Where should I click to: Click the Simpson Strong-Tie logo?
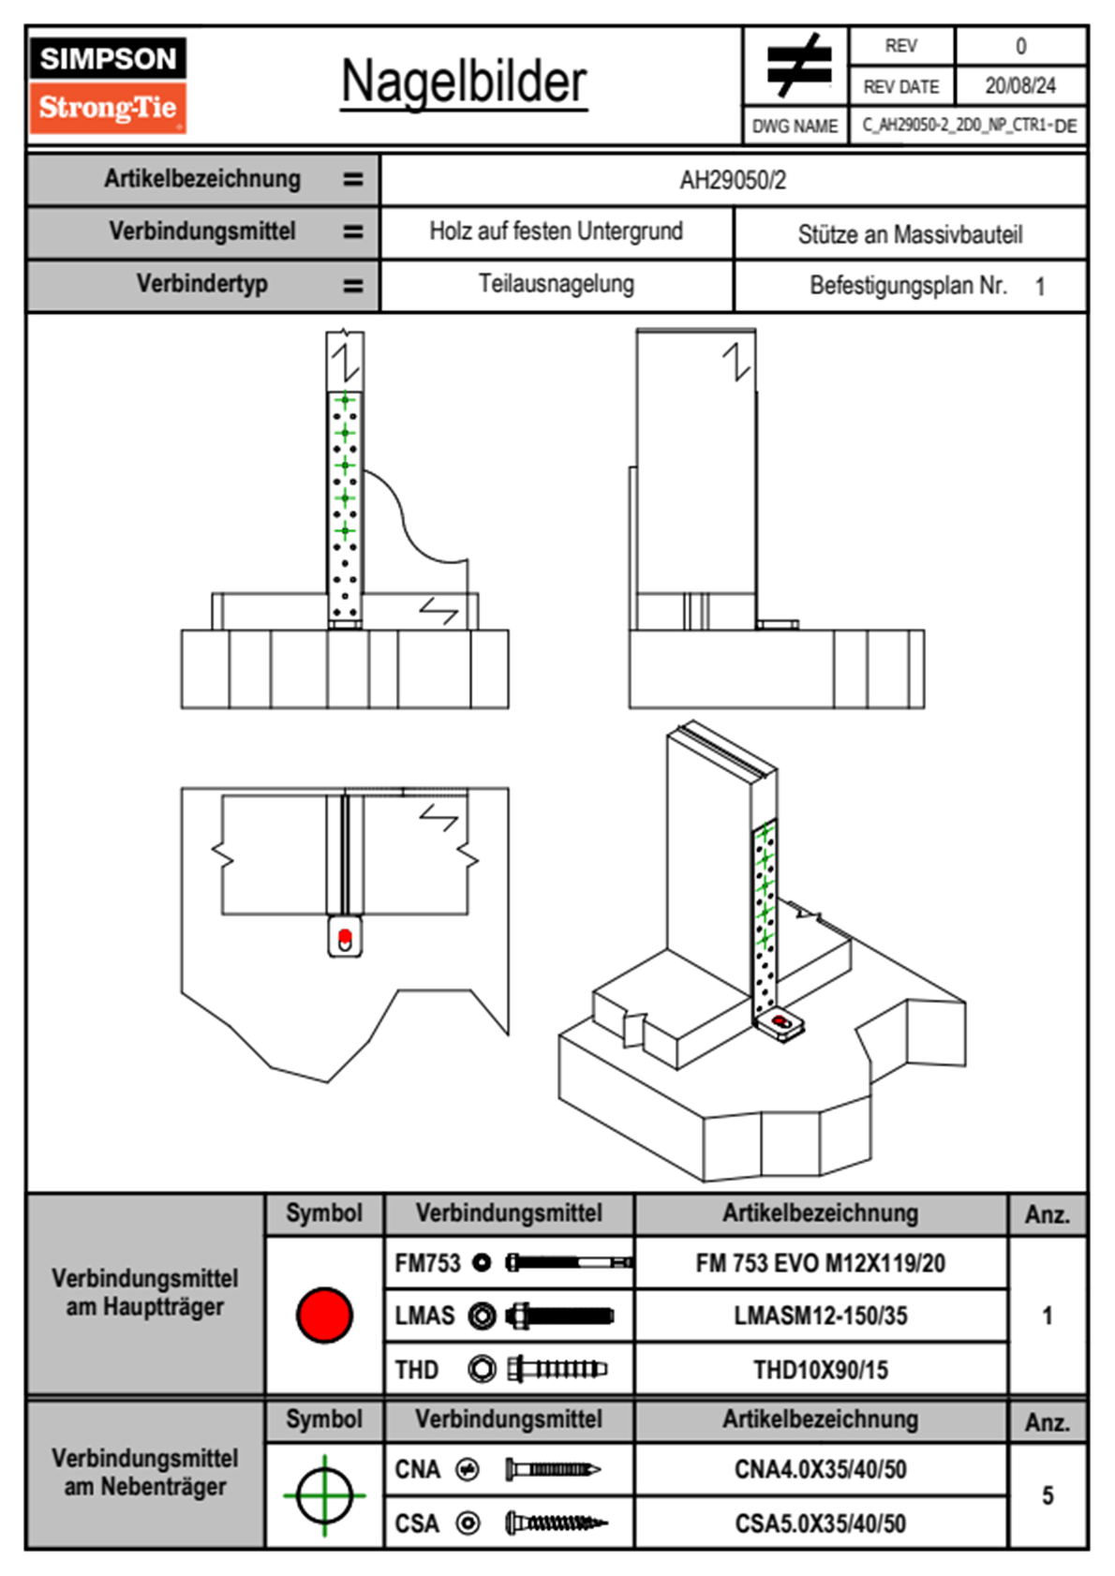(x=107, y=84)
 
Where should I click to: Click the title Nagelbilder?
(x=464, y=82)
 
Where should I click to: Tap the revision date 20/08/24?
(x=1019, y=86)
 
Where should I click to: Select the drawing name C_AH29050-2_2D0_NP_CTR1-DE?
(x=968, y=125)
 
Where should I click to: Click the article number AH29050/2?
(x=733, y=180)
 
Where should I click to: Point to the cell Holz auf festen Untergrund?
(x=556, y=231)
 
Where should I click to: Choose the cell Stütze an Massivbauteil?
(x=910, y=234)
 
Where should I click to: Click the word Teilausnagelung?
(x=556, y=284)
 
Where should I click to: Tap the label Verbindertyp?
(x=202, y=284)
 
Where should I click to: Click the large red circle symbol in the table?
(x=324, y=1315)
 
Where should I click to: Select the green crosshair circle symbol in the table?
(x=324, y=1495)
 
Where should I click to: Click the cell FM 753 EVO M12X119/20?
(x=820, y=1263)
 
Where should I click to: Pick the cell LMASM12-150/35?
(x=820, y=1316)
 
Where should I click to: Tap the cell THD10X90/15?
(x=820, y=1370)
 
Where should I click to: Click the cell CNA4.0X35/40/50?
(x=820, y=1469)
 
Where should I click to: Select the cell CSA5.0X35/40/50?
(x=820, y=1524)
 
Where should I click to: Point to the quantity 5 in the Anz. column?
(x=1047, y=1495)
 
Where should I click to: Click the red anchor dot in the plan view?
(x=344, y=936)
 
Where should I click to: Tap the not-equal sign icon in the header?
(x=797, y=65)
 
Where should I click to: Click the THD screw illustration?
(x=557, y=1369)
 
